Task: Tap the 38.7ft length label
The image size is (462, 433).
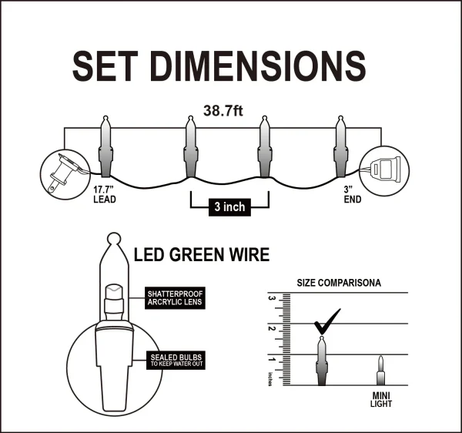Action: pos(223,111)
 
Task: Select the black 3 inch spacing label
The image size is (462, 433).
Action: pos(229,207)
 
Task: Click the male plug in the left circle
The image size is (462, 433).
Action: pos(61,170)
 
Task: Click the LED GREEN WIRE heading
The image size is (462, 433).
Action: pos(202,254)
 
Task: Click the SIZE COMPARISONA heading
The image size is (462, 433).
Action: pos(339,283)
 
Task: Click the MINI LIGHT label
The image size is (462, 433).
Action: pos(380,401)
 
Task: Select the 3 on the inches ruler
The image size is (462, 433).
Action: pos(271,297)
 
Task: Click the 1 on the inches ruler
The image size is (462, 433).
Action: pos(271,359)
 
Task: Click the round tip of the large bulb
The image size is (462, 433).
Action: pos(114,239)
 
